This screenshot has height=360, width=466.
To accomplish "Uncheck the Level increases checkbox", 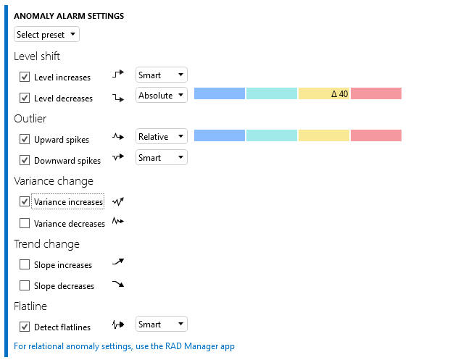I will [25, 77].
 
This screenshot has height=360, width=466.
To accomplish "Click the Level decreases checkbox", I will [25, 98].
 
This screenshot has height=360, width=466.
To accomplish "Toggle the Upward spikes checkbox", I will [25, 139].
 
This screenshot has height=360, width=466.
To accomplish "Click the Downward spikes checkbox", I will [25, 160].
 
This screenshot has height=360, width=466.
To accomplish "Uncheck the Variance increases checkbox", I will [25, 201].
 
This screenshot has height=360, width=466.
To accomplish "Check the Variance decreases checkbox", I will [25, 223].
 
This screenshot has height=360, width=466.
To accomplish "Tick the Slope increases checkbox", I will [25, 265].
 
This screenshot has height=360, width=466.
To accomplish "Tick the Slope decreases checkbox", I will [25, 285].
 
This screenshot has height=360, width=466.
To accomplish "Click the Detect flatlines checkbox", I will [25, 327].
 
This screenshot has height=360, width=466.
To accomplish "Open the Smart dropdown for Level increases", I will [162, 75].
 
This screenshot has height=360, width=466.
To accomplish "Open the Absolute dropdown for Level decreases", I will [162, 95].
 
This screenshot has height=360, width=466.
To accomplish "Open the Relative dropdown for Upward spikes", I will [162, 136].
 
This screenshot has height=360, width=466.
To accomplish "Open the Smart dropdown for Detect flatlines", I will [162, 324].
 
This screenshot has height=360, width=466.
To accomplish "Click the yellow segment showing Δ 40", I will [323, 93].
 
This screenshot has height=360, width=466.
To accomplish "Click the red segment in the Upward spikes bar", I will [376, 135].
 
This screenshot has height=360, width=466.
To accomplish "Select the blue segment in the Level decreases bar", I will [220, 93].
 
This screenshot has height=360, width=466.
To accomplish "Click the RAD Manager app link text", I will [124, 346].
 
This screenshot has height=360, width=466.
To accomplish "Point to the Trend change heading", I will [46, 244].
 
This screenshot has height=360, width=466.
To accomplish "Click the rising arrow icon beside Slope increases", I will [118, 263].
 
